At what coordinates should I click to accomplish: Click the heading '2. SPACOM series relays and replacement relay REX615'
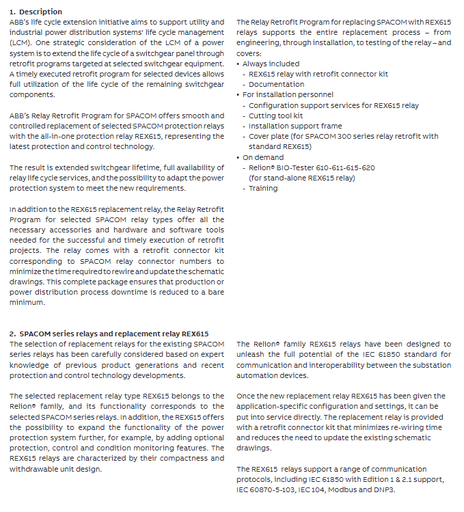pos(109,334)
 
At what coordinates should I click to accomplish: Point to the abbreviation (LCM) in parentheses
pos(22,42)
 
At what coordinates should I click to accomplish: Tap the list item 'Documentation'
pos(276,85)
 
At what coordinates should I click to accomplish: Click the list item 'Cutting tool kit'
pos(275,116)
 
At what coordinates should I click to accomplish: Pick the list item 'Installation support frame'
pos(295,126)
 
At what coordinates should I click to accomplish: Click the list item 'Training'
pos(263,188)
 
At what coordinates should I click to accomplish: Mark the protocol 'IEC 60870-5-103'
pos(266,489)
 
